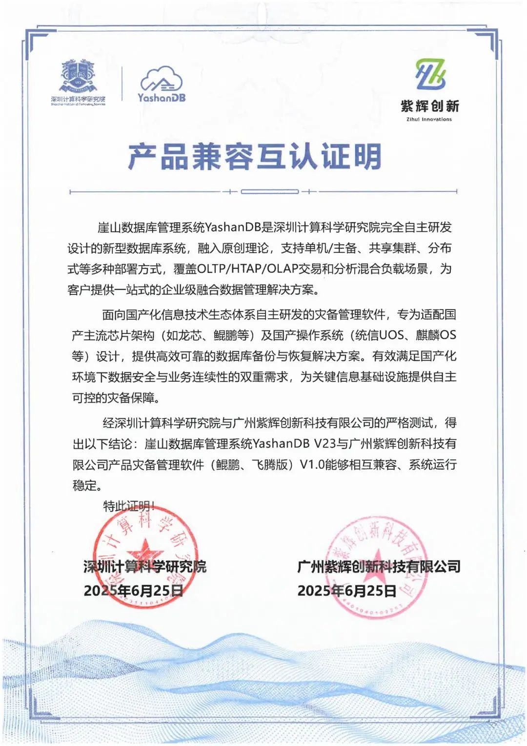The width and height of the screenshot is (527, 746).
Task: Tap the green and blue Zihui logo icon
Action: [x=430, y=74]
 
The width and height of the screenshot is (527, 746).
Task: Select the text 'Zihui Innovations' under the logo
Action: [x=429, y=119]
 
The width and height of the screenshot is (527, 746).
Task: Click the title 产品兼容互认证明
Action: [x=255, y=157]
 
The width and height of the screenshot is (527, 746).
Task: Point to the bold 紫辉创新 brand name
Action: [x=429, y=106]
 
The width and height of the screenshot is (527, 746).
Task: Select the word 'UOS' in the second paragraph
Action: [x=391, y=335]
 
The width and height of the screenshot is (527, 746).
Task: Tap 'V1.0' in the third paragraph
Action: [x=312, y=464]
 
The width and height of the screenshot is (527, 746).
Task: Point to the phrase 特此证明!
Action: [x=129, y=506]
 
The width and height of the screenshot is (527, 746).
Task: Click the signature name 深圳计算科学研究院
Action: [x=145, y=566]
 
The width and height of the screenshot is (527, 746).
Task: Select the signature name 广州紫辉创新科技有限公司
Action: [x=379, y=566]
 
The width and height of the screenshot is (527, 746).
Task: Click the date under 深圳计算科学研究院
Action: [x=134, y=590]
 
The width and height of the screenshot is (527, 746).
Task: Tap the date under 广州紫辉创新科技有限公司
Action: [x=347, y=590]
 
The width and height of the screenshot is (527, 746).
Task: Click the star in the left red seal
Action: [x=143, y=551]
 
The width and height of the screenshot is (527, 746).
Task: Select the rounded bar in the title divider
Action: [x=270, y=191]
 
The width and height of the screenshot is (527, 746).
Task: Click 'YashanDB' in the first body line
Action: [x=233, y=228]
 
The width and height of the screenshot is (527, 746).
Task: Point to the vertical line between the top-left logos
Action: [x=122, y=84]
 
